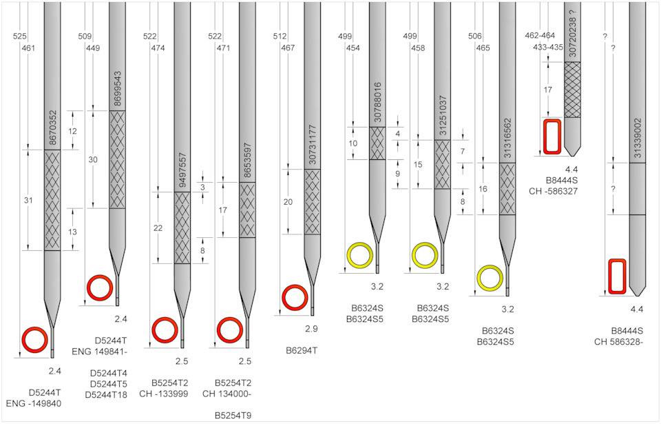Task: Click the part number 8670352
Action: (x=52, y=128)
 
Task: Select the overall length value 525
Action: (x=19, y=37)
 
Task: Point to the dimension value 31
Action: (x=28, y=200)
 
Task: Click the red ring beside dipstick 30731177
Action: (x=295, y=298)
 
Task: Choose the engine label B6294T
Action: (x=301, y=350)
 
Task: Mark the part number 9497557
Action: (x=182, y=170)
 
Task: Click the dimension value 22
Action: (x=158, y=228)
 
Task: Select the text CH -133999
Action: (x=164, y=394)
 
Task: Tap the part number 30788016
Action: (x=377, y=103)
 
